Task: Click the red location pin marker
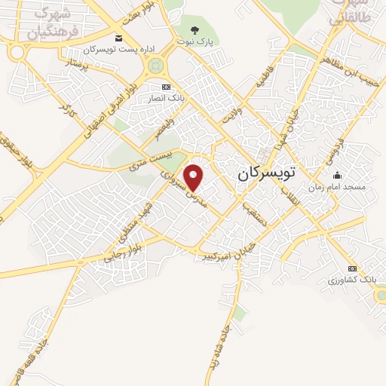click(194, 177)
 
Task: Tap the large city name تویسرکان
click(267, 172)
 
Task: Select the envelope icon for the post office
click(118, 38)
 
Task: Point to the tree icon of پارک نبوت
click(195, 31)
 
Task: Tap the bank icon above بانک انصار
click(166, 87)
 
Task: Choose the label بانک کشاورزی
click(351, 280)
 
